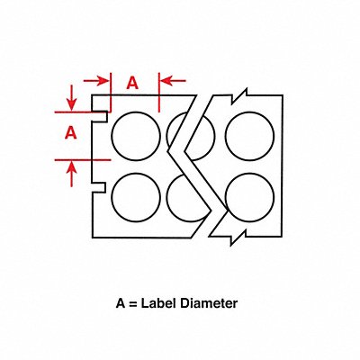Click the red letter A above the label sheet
pos(132,83)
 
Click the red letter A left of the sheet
pos(71,132)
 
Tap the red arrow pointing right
pos(95,81)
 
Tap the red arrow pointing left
pos(174,81)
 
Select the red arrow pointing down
pos(71,97)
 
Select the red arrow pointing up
pos(71,174)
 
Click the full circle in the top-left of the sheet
pos(136,136)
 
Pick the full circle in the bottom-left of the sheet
pos(136,197)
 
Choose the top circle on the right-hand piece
pos(249,136)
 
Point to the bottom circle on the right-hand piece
pos(249,197)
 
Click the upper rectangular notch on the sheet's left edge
pos(100,116)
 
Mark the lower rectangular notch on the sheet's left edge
pos(99,187)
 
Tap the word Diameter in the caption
pos(209,303)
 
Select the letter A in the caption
pos(121,303)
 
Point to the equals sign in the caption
pos(133,304)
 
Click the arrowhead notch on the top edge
pos(239,96)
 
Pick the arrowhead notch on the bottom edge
pos(238,238)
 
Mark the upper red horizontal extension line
pos(81,112)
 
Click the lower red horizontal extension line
pos(83,160)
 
